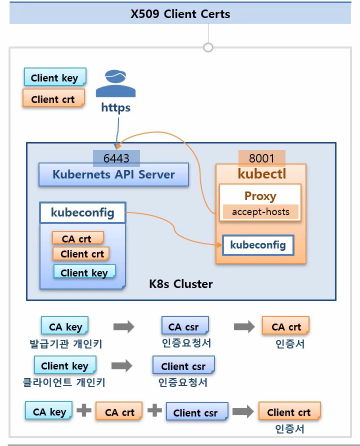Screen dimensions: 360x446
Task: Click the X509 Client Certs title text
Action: pyautogui.click(x=180, y=14)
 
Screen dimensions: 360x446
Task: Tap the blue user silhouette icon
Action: pyautogui.click(x=116, y=83)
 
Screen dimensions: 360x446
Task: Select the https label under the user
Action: pyautogui.click(x=116, y=108)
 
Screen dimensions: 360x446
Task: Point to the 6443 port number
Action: pyautogui.click(x=116, y=158)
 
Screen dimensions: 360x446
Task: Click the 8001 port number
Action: pyautogui.click(x=262, y=158)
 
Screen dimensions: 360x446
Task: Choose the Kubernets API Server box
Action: pyautogui.click(x=114, y=174)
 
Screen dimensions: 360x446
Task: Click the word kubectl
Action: pyautogui.click(x=262, y=174)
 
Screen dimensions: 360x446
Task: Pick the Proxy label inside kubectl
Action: pyautogui.click(x=260, y=196)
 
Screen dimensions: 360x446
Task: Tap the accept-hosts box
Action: pyautogui.click(x=261, y=212)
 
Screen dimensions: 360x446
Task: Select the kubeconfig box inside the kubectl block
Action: pyautogui.click(x=258, y=245)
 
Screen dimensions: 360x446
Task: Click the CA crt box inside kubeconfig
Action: pyautogui.click(x=78, y=238)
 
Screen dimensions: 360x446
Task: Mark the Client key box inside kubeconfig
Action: pyautogui.click(x=84, y=272)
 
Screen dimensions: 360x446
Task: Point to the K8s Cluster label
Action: pyautogui.click(x=181, y=284)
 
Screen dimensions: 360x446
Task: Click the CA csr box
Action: pyautogui.click(x=185, y=326)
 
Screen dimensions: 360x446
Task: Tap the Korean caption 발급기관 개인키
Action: pyautogui.click(x=66, y=344)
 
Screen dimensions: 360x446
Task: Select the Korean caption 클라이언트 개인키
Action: pyautogui.click(x=64, y=382)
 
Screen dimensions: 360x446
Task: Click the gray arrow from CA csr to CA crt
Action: pyautogui.click(x=244, y=326)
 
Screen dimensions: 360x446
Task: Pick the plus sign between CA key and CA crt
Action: pyautogui.click(x=84, y=410)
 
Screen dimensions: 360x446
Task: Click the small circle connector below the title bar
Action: pyautogui.click(x=208, y=48)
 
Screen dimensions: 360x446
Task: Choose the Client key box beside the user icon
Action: pyautogui.click(x=55, y=77)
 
